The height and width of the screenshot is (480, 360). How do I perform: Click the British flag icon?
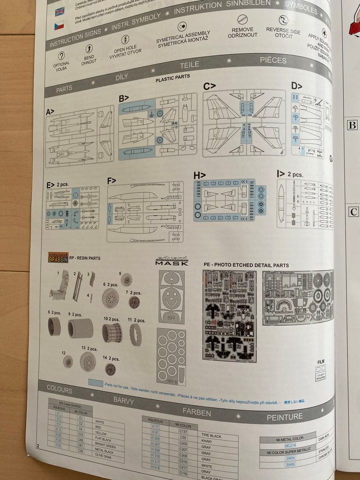click(60, 11)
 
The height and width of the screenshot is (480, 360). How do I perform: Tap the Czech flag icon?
click(59, 26)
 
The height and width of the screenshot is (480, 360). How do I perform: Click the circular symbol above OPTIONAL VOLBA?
click(61, 56)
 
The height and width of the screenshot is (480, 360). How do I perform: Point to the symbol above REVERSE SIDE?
click(283, 20)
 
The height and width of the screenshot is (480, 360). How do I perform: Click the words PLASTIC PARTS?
click(172, 78)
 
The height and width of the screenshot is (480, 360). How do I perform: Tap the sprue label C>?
click(209, 86)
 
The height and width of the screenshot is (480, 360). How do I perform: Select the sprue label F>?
click(112, 180)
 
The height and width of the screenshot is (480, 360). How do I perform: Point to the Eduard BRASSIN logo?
click(58, 257)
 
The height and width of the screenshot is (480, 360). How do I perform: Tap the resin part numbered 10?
click(112, 332)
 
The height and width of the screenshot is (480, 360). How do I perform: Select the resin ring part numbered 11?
click(136, 334)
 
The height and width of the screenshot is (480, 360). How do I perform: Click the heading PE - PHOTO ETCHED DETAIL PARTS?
click(246, 264)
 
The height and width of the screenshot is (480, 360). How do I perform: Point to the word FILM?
click(320, 362)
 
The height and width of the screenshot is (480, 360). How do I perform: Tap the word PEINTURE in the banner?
click(284, 417)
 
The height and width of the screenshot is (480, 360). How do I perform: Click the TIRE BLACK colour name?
click(211, 436)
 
